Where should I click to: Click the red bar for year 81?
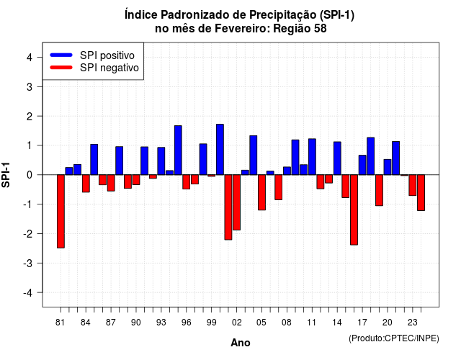(x=61, y=211)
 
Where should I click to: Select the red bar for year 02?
(x=237, y=202)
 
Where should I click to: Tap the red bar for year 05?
(x=261, y=192)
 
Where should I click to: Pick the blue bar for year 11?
(x=312, y=157)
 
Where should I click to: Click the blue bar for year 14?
(x=337, y=158)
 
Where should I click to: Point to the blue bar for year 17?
(x=362, y=165)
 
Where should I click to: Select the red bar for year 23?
(x=413, y=185)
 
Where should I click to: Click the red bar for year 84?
(x=86, y=184)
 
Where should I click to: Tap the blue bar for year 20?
(x=388, y=167)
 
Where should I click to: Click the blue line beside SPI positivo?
(x=61, y=55)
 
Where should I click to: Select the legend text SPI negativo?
(x=109, y=68)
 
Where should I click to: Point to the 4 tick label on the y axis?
(x=30, y=58)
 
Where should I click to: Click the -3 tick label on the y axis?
(x=28, y=264)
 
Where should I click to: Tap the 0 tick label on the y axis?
(x=30, y=175)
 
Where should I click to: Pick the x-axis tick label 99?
(x=211, y=323)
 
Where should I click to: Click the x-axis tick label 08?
(x=287, y=323)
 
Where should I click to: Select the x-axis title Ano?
(x=241, y=343)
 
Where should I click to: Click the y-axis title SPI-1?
(x=6, y=175)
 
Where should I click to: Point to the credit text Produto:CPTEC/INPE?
(x=394, y=338)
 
